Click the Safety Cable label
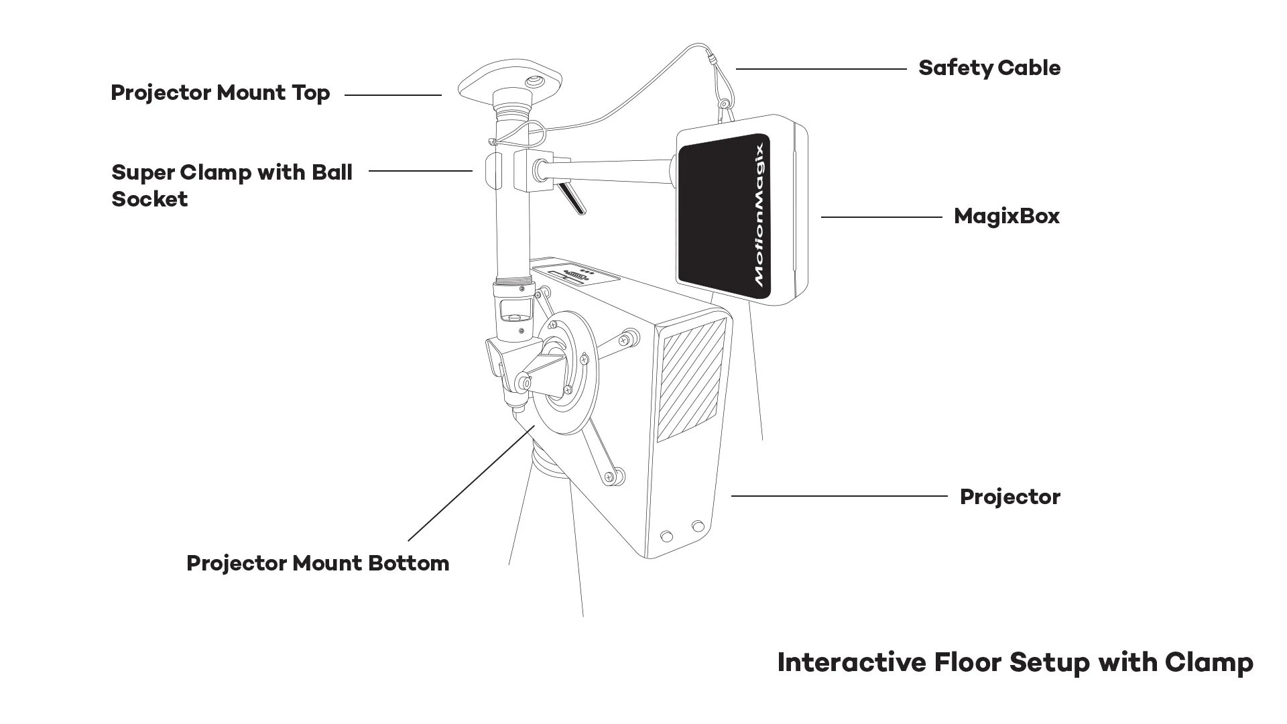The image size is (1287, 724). coord(989,68)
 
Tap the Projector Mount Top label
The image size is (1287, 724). coord(220,93)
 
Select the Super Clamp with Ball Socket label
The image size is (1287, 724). coord(231,185)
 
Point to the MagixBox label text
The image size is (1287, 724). coord(1006,217)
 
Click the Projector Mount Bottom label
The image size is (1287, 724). coord(317,563)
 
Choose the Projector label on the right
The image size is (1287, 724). coord(1009,497)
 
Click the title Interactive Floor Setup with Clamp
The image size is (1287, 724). coord(1014,662)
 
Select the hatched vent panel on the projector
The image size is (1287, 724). coord(690,379)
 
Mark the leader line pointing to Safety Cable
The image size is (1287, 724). coord(821,68)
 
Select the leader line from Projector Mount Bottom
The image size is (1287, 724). coord(469,483)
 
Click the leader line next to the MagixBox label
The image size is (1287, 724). coord(881,217)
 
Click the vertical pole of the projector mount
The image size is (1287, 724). coord(512,228)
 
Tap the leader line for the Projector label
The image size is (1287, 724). coord(838,496)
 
